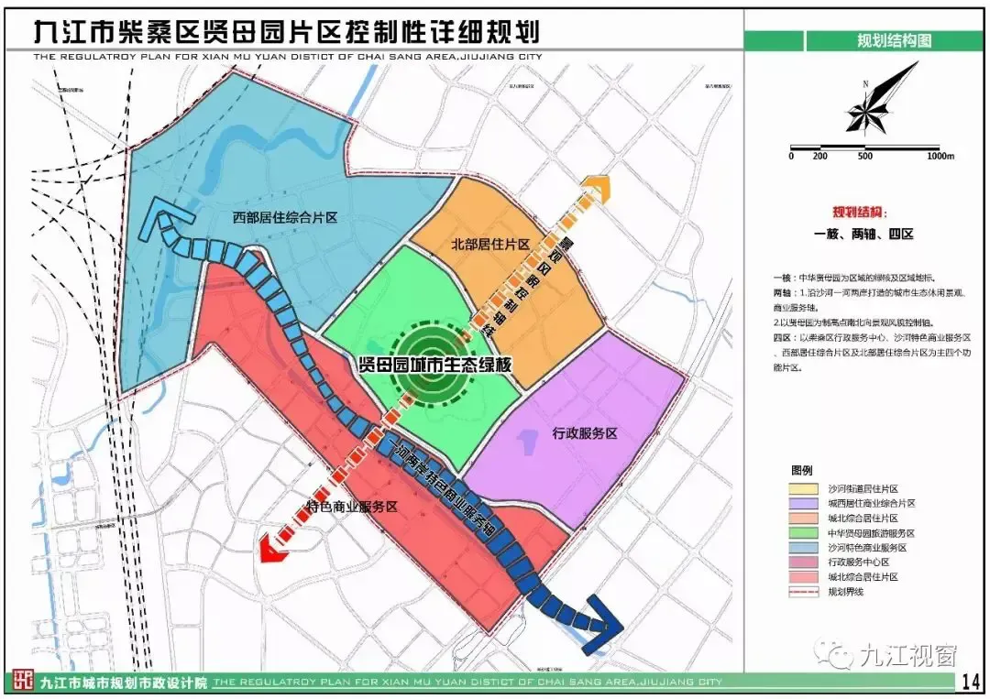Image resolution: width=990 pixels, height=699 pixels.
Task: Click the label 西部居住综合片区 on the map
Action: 285,218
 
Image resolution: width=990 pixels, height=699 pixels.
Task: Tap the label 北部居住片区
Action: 491,245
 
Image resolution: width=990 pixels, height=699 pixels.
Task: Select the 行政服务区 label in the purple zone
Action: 587,433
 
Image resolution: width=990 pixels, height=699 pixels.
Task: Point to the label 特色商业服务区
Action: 349,507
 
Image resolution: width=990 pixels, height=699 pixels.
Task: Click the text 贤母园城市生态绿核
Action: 435,364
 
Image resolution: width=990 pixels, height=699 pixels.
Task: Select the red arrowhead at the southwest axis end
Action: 272,548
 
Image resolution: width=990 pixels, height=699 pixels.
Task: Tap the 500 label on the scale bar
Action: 865,157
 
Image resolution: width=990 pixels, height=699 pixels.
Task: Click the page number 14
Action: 970,682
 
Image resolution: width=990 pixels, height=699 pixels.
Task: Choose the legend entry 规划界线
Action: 847,592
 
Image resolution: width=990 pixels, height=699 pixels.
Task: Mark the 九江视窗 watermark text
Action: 907,655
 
